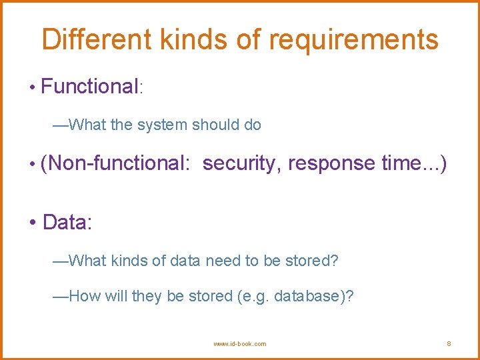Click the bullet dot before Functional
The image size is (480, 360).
32,87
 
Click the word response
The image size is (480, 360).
331,163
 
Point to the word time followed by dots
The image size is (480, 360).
413,163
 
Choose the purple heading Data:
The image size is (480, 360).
67,222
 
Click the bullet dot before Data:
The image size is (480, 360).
33,223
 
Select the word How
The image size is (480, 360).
84,296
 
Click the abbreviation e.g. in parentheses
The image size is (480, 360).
254,296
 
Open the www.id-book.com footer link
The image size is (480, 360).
239,344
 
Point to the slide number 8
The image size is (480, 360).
449,344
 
